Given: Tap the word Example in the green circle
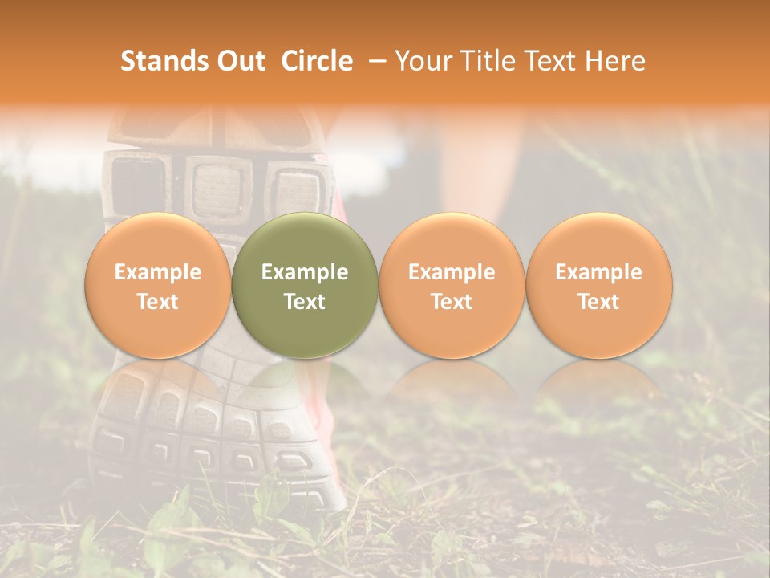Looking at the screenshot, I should [x=305, y=272].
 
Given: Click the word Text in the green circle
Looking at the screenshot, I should [x=305, y=302].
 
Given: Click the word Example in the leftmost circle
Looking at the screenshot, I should [x=157, y=272].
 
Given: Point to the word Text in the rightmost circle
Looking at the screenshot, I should [x=599, y=302].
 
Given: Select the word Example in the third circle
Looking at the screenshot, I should [x=452, y=272].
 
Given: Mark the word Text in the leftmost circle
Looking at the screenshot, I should [x=157, y=302].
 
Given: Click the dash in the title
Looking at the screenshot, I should [x=374, y=61].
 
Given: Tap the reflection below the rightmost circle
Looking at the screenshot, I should [x=599, y=385].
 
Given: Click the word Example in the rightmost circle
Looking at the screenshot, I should [x=599, y=272].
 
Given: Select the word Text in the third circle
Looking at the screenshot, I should [x=452, y=302].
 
